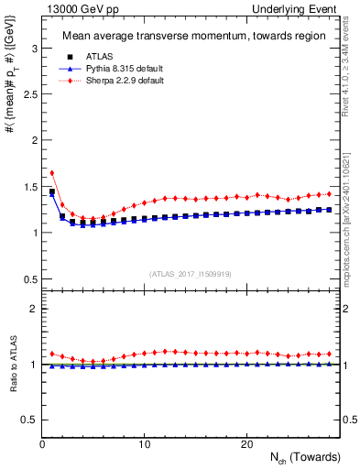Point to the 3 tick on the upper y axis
point(32,47)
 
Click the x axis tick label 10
point(145,444)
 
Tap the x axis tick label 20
point(246,444)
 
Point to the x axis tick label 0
point(43,444)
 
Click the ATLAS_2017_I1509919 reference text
point(191,273)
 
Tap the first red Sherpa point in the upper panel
point(52,172)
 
